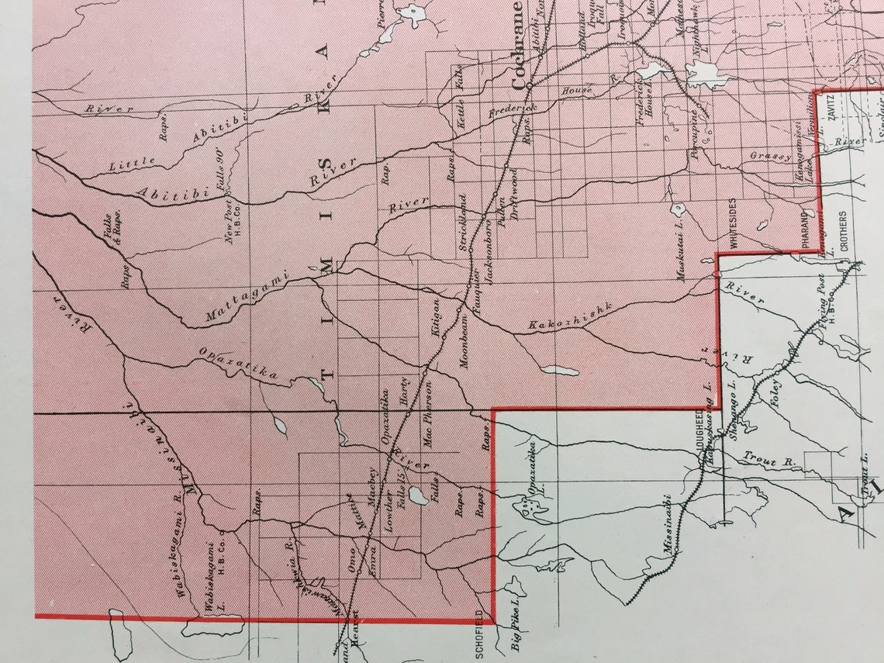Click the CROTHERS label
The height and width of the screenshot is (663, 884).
[843, 232]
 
